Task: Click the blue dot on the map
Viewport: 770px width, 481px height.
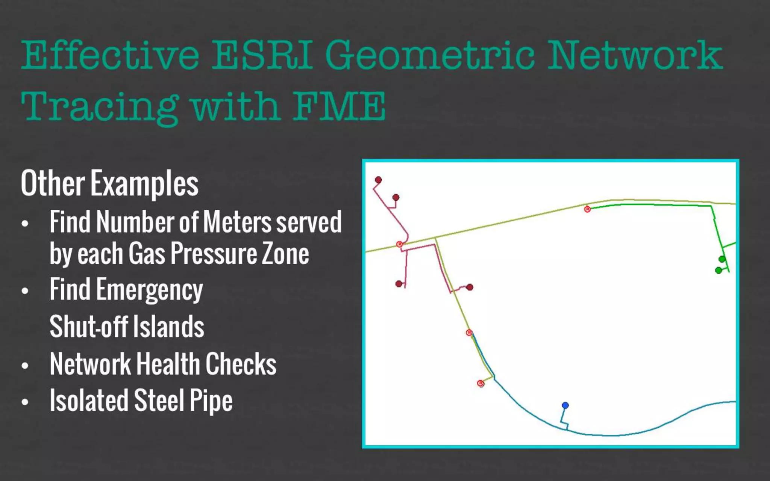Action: click(565, 405)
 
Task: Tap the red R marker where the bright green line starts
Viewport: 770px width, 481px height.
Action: click(587, 209)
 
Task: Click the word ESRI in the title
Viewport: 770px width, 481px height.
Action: click(262, 55)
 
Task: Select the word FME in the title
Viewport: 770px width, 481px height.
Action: click(339, 106)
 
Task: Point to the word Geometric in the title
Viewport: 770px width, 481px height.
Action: click(430, 55)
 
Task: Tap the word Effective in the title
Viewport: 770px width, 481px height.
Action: click(110, 55)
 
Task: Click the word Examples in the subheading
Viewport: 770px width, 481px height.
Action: click(144, 183)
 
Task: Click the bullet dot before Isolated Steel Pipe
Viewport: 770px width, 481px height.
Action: click(25, 402)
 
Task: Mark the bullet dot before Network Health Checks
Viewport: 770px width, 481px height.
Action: click(25, 365)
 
